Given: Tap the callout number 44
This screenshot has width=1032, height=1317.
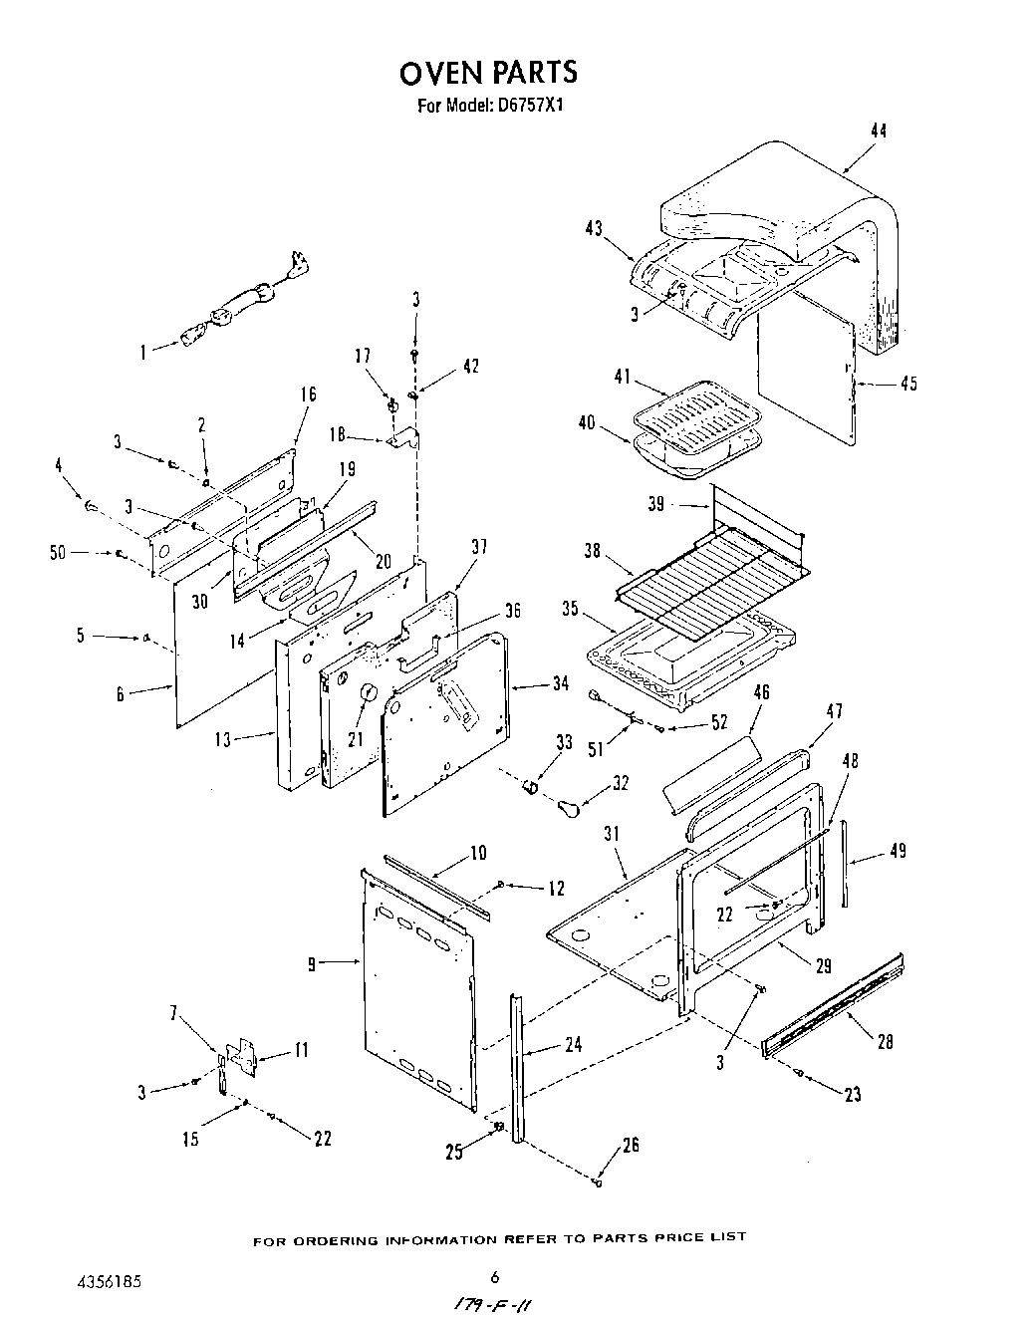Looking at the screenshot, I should coord(878,131).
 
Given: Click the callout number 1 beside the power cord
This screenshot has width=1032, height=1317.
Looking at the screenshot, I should coord(143,351).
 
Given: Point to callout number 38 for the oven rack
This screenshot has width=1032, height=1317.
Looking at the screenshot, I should coord(593,549).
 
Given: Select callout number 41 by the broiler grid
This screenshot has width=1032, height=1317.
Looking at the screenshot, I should coord(623,377).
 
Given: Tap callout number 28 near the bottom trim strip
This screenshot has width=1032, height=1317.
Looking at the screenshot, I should coord(885,1042).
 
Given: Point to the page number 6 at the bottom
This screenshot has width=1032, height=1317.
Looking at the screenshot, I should coord(493,1278).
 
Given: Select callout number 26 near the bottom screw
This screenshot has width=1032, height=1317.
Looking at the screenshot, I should coord(630,1146).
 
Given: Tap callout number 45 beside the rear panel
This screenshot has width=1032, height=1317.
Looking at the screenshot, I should coord(907,384).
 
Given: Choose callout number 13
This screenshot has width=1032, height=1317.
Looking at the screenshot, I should coord(222,739).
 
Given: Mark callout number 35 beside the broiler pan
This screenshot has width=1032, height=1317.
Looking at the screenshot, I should coord(570,609).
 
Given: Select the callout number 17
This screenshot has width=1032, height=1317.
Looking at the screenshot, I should coord(363,355).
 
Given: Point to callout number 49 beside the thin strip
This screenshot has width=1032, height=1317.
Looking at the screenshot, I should coord(897,852).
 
